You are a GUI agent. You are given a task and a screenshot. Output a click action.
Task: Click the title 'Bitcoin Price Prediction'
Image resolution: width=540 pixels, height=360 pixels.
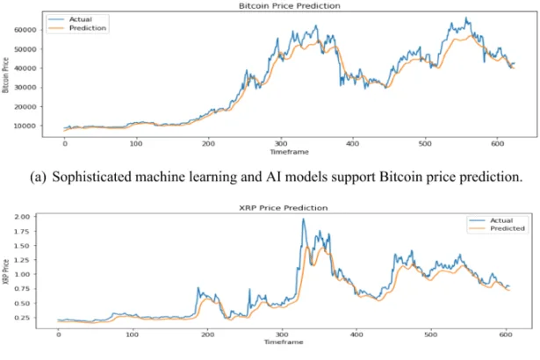tap(277, 6)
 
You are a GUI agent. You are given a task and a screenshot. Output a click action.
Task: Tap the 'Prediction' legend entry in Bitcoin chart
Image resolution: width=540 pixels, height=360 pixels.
tap(87, 28)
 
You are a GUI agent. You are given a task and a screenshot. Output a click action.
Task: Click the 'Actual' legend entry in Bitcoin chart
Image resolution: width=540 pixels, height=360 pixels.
tap(82, 18)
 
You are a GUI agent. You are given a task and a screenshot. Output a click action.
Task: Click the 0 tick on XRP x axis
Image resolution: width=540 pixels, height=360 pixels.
tap(58, 335)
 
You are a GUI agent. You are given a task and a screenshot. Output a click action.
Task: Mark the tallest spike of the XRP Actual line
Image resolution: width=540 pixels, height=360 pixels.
tap(303, 220)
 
